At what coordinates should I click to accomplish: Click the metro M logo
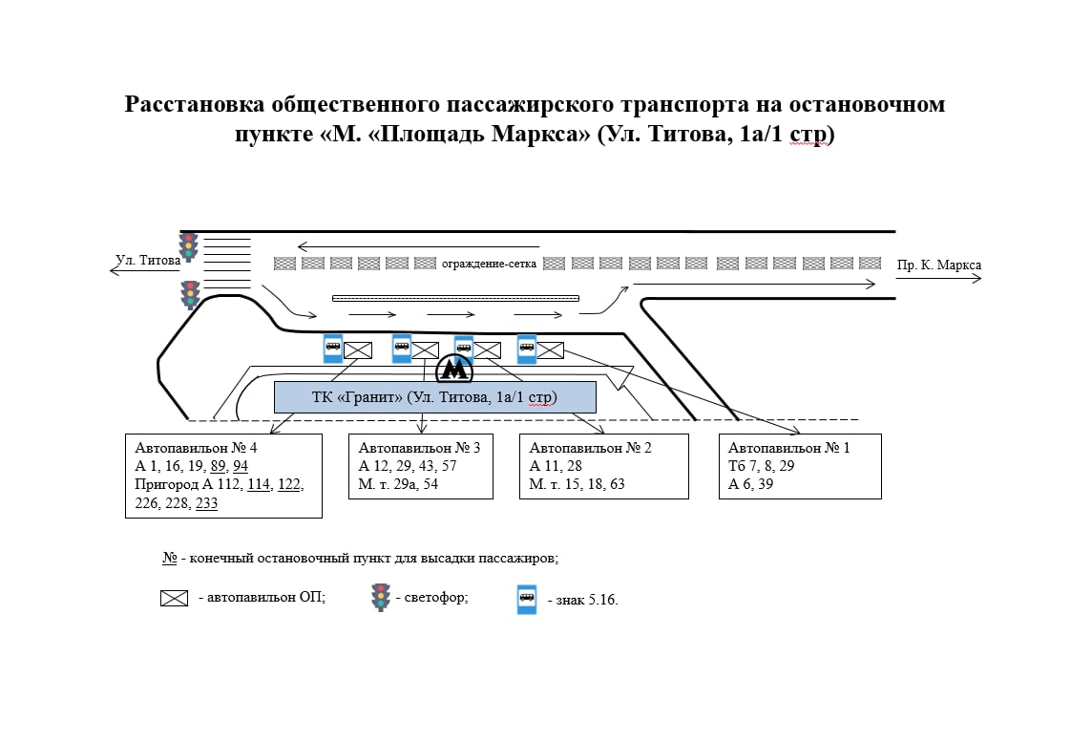point(454,370)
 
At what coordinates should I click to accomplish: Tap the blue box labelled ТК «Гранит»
point(435,397)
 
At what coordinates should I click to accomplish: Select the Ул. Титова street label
point(148,260)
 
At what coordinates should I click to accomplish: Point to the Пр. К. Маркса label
point(939,265)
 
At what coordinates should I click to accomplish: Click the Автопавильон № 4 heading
point(196,448)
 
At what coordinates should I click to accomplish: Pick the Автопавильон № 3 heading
point(419,448)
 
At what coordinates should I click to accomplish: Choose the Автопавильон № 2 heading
point(590,448)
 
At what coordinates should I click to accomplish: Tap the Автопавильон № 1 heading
point(788,448)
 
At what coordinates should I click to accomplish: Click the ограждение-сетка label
point(489,264)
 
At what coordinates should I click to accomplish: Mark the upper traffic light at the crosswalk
point(188,246)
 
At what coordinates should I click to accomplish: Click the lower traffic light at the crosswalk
point(191,294)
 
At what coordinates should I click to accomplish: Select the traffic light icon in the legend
point(381,597)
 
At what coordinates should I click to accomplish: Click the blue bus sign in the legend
point(527,599)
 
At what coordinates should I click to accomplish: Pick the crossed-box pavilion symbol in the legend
point(174,598)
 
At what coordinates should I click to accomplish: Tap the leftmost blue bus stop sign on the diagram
point(332,349)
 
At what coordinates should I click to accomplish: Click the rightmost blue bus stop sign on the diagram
point(527,349)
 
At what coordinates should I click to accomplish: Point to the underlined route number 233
point(206,503)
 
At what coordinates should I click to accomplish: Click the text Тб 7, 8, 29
point(761,465)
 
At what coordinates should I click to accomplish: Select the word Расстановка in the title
point(195,104)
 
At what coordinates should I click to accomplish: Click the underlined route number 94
point(241,466)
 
